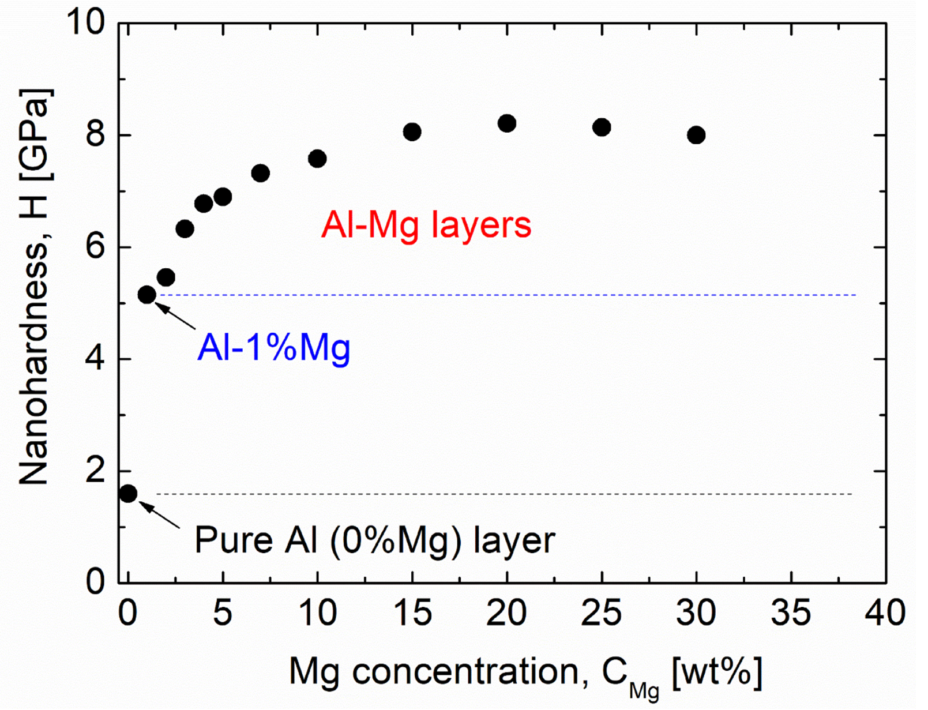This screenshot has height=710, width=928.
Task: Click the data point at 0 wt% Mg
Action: point(128,494)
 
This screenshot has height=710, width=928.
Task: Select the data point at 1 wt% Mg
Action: point(147,295)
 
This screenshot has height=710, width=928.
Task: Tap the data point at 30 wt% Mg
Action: point(696,135)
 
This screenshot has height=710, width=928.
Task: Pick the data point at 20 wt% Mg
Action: point(507,123)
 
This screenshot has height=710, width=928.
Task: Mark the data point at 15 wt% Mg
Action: point(412,132)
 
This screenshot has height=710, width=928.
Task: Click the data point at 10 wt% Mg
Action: point(317,159)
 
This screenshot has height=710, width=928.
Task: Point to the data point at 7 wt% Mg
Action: point(261,173)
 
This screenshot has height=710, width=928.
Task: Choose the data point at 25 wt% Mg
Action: point(602,127)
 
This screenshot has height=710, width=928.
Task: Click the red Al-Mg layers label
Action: point(426,225)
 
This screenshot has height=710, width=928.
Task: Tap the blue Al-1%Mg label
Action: point(274,348)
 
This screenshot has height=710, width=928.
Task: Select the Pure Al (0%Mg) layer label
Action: point(374,540)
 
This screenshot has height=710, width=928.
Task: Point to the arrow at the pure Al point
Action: point(160,514)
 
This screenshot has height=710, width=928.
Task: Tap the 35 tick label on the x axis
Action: point(791,613)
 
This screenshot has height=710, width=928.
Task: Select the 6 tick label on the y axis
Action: point(96,247)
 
